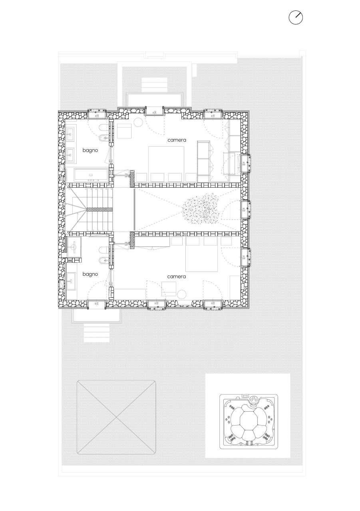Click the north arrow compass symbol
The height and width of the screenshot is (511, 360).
coord(296,18)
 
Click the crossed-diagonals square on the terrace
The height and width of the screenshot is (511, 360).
coord(116,417)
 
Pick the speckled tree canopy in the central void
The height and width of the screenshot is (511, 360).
coord(201,208)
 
